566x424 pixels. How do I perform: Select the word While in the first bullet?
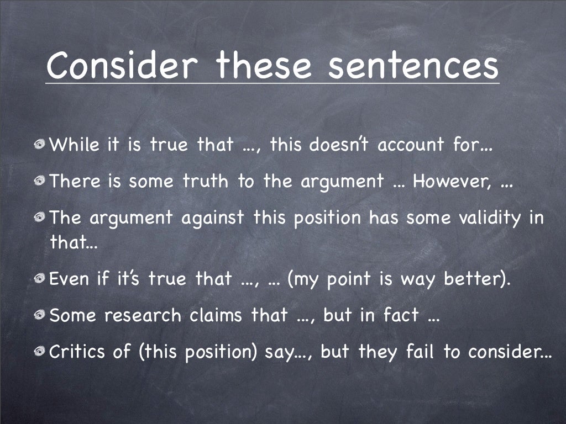pyautogui.click(x=75, y=145)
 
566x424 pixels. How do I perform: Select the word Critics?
pyautogui.click(x=79, y=352)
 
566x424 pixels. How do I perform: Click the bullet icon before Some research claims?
pyautogui.click(x=40, y=316)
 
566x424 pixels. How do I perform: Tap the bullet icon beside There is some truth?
pyautogui.click(x=40, y=182)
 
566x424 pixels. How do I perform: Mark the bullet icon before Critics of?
pyautogui.click(x=40, y=352)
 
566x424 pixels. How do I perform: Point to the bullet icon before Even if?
pyautogui.click(x=40, y=279)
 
